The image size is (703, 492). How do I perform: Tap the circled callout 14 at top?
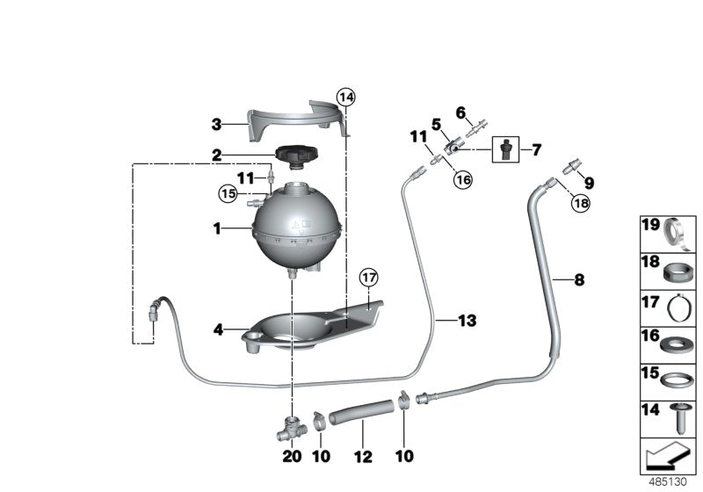coord(346,97)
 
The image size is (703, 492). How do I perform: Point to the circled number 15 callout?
coord(228,191)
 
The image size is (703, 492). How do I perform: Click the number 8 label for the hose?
coord(578,280)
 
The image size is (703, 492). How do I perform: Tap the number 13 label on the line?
coord(467,322)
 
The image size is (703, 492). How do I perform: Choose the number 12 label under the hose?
coord(362,458)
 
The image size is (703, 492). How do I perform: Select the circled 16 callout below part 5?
coord(462,179)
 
